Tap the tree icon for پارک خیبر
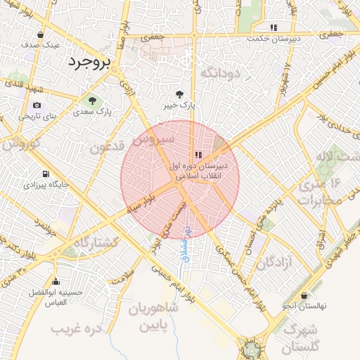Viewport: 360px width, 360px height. pyautogui.click(x=180, y=94)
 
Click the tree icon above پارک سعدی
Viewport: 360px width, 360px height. pyautogui.click(x=90, y=100)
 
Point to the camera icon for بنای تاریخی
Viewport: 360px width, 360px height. pyautogui.click(x=37, y=105)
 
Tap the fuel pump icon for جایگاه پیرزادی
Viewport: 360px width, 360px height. pyautogui.click(x=46, y=174)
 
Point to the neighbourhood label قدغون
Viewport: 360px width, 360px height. pyautogui.click(x=108, y=147)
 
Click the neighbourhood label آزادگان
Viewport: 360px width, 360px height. pyautogui.click(x=274, y=263)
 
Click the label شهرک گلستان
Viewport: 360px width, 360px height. pyautogui.click(x=301, y=339)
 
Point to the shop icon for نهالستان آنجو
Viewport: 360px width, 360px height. pyautogui.click(x=303, y=296)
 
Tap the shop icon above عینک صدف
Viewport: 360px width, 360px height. pyautogui.click(x=41, y=34)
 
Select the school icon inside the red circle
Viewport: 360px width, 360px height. pyautogui.click(x=199, y=155)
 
